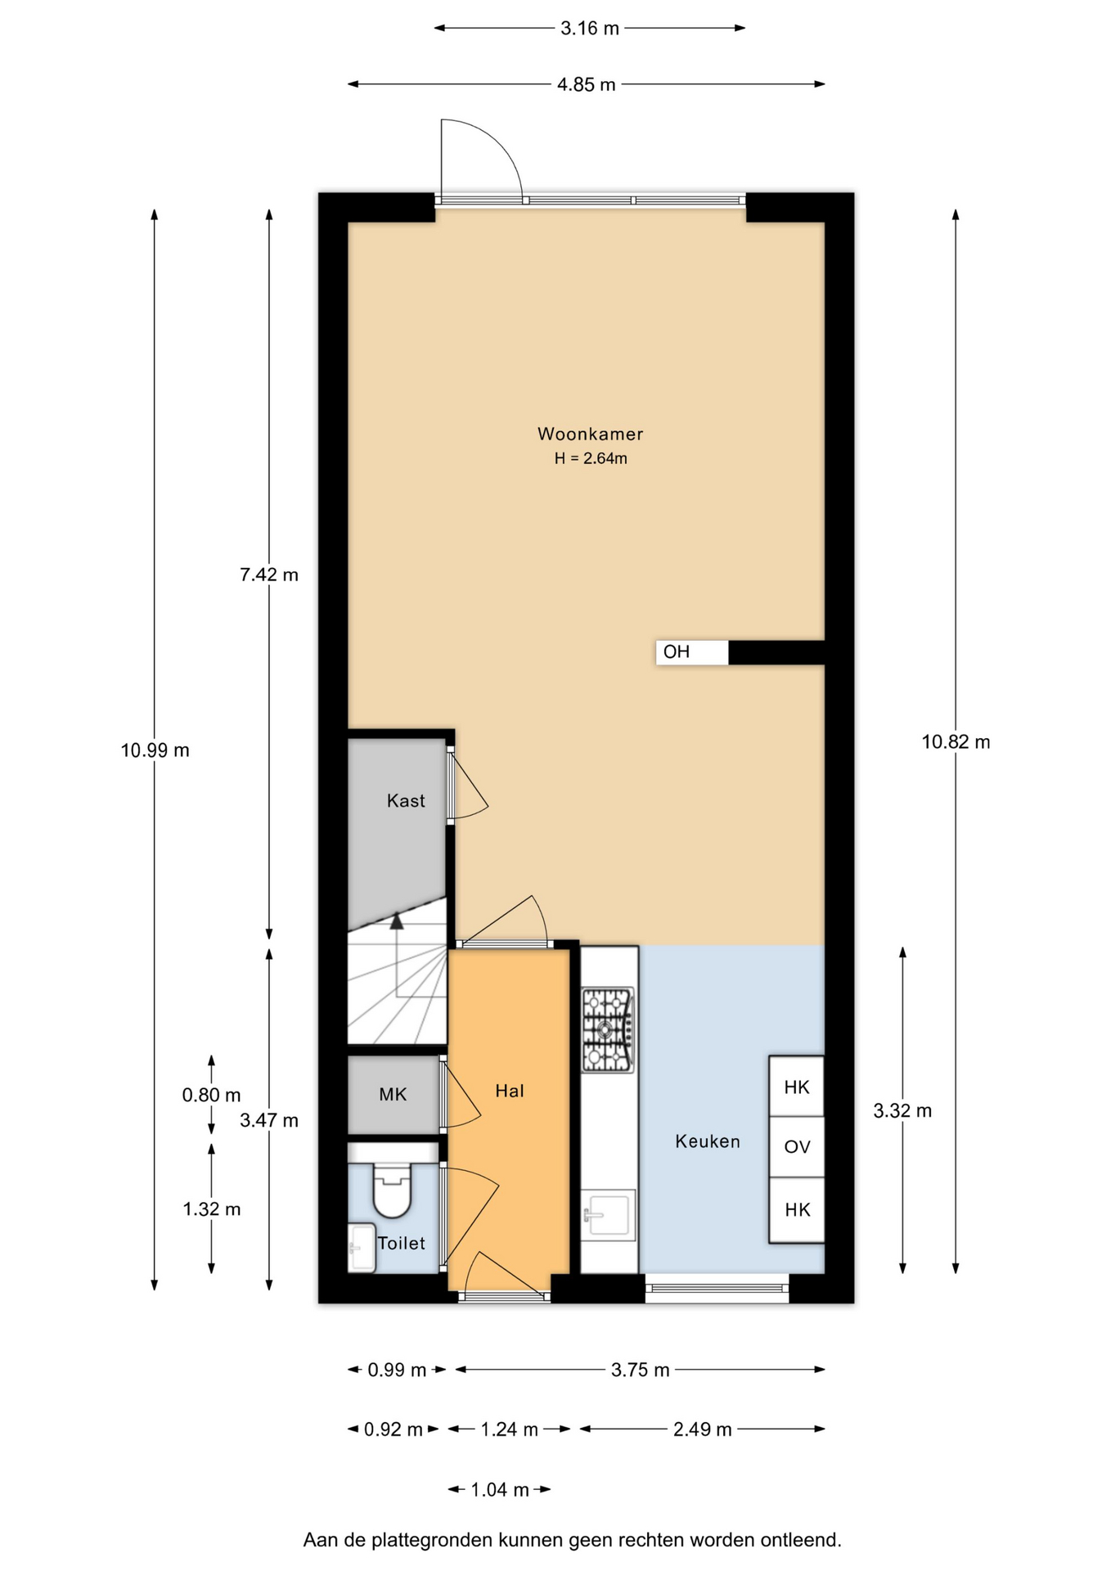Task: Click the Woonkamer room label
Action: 590,434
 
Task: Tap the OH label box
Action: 692,652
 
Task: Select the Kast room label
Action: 406,800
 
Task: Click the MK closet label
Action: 393,1094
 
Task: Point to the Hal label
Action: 509,1090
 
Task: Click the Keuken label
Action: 708,1141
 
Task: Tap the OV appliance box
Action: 797,1147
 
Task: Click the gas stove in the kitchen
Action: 608,1029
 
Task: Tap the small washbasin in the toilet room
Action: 362,1248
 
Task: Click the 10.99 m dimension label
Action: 155,749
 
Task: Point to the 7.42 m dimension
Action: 269,574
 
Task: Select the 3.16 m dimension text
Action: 590,28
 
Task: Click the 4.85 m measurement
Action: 587,84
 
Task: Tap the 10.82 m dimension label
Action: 956,741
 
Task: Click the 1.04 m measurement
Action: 500,1489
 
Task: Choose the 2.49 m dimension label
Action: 703,1429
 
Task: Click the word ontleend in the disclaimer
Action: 800,1540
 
